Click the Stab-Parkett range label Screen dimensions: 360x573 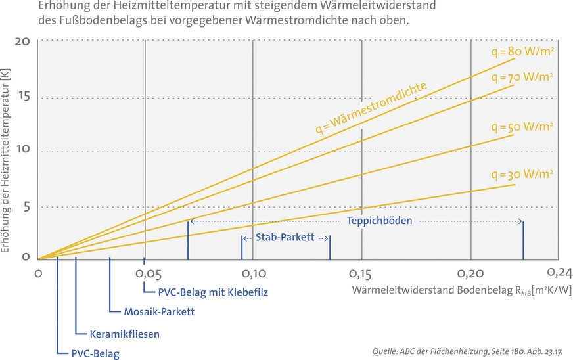click(x=286, y=238)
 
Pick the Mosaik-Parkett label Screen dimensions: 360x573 click(x=159, y=311)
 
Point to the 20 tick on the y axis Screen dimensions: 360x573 click(x=22, y=41)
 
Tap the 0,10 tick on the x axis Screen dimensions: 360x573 click(x=253, y=271)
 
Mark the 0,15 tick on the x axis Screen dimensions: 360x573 click(x=361, y=271)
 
